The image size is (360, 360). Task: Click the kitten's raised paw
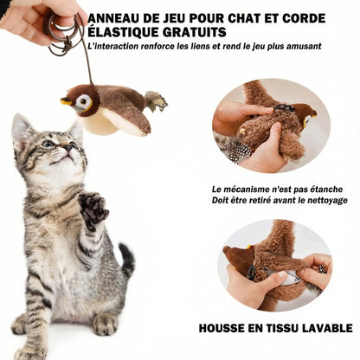(92, 208)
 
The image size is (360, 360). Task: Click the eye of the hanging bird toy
(84, 101)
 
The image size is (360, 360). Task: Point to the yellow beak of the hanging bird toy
(66, 101)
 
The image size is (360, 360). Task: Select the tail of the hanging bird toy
(157, 101)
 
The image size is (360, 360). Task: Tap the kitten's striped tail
(126, 260)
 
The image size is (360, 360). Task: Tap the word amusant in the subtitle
(300, 46)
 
